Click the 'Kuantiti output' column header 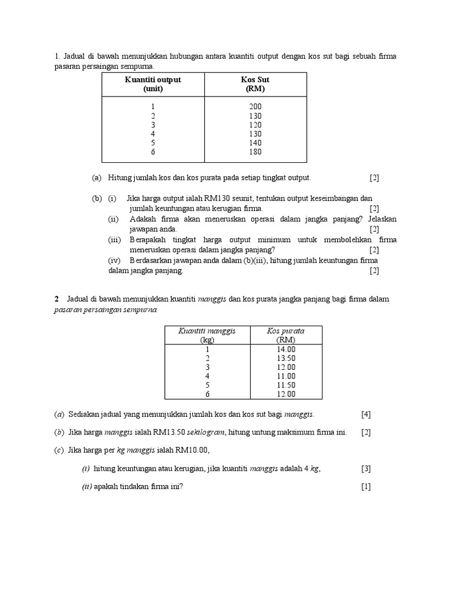point(152,79)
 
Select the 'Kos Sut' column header point(255,79)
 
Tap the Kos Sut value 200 point(255,106)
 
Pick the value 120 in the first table point(255,125)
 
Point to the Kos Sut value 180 point(255,152)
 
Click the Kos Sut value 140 point(255,143)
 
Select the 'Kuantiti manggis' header point(207,331)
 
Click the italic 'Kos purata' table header point(285,331)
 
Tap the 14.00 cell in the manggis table point(285,349)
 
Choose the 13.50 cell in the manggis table point(285,358)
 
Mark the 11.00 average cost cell point(285,376)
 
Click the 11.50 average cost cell point(285,385)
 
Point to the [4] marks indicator point(366,414)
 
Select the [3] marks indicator point(366,469)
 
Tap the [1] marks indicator point(366,487)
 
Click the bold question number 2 point(56,299)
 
